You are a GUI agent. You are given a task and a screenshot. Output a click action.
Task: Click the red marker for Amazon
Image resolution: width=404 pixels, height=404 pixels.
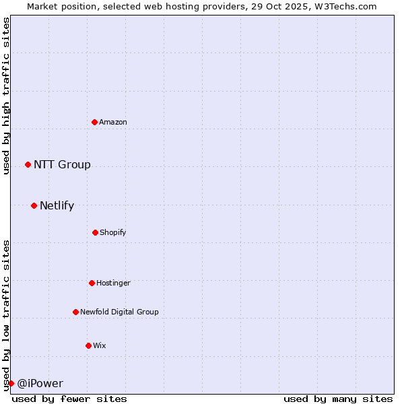tap(95, 122)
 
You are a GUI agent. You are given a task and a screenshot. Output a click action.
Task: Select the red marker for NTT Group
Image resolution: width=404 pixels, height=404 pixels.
tap(28, 165)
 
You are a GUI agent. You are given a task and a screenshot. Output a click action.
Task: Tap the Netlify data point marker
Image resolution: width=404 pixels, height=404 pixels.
tap(34, 205)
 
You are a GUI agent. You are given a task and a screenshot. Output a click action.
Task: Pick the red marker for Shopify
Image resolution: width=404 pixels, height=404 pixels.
tap(95, 232)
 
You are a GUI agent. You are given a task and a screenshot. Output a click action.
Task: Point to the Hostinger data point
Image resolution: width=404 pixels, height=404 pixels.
tap(92, 283)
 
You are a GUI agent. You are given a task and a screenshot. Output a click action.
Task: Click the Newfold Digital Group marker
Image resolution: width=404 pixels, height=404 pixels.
tap(75, 312)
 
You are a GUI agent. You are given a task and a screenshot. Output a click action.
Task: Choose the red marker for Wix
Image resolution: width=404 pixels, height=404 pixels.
tap(88, 345)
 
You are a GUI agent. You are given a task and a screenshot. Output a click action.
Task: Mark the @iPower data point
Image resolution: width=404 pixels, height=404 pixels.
tap(11, 383)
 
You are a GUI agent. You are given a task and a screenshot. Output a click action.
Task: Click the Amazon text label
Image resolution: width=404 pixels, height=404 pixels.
tap(113, 122)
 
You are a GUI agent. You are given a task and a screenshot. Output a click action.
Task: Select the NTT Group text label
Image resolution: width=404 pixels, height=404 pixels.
tap(62, 165)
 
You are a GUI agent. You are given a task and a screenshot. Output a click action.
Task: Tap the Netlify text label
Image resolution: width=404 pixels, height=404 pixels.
tap(57, 205)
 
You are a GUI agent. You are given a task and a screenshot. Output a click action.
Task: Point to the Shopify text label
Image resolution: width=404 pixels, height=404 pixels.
tap(113, 232)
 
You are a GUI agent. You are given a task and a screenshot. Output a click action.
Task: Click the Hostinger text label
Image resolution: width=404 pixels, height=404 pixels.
tap(113, 283)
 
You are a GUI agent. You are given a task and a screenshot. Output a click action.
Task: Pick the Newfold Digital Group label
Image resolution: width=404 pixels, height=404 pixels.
tap(119, 312)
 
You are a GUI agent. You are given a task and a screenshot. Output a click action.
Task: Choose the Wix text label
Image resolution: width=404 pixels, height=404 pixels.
tap(100, 345)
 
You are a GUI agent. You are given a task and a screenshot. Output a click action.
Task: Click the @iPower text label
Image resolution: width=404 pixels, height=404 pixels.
tap(40, 383)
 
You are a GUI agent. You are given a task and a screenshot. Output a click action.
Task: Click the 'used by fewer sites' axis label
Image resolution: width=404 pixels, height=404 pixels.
tap(69, 399)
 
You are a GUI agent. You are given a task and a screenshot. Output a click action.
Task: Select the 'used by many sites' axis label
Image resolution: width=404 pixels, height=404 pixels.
tap(338, 399)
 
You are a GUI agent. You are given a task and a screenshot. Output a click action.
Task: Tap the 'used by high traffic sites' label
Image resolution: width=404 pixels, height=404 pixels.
tap(6, 96)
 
